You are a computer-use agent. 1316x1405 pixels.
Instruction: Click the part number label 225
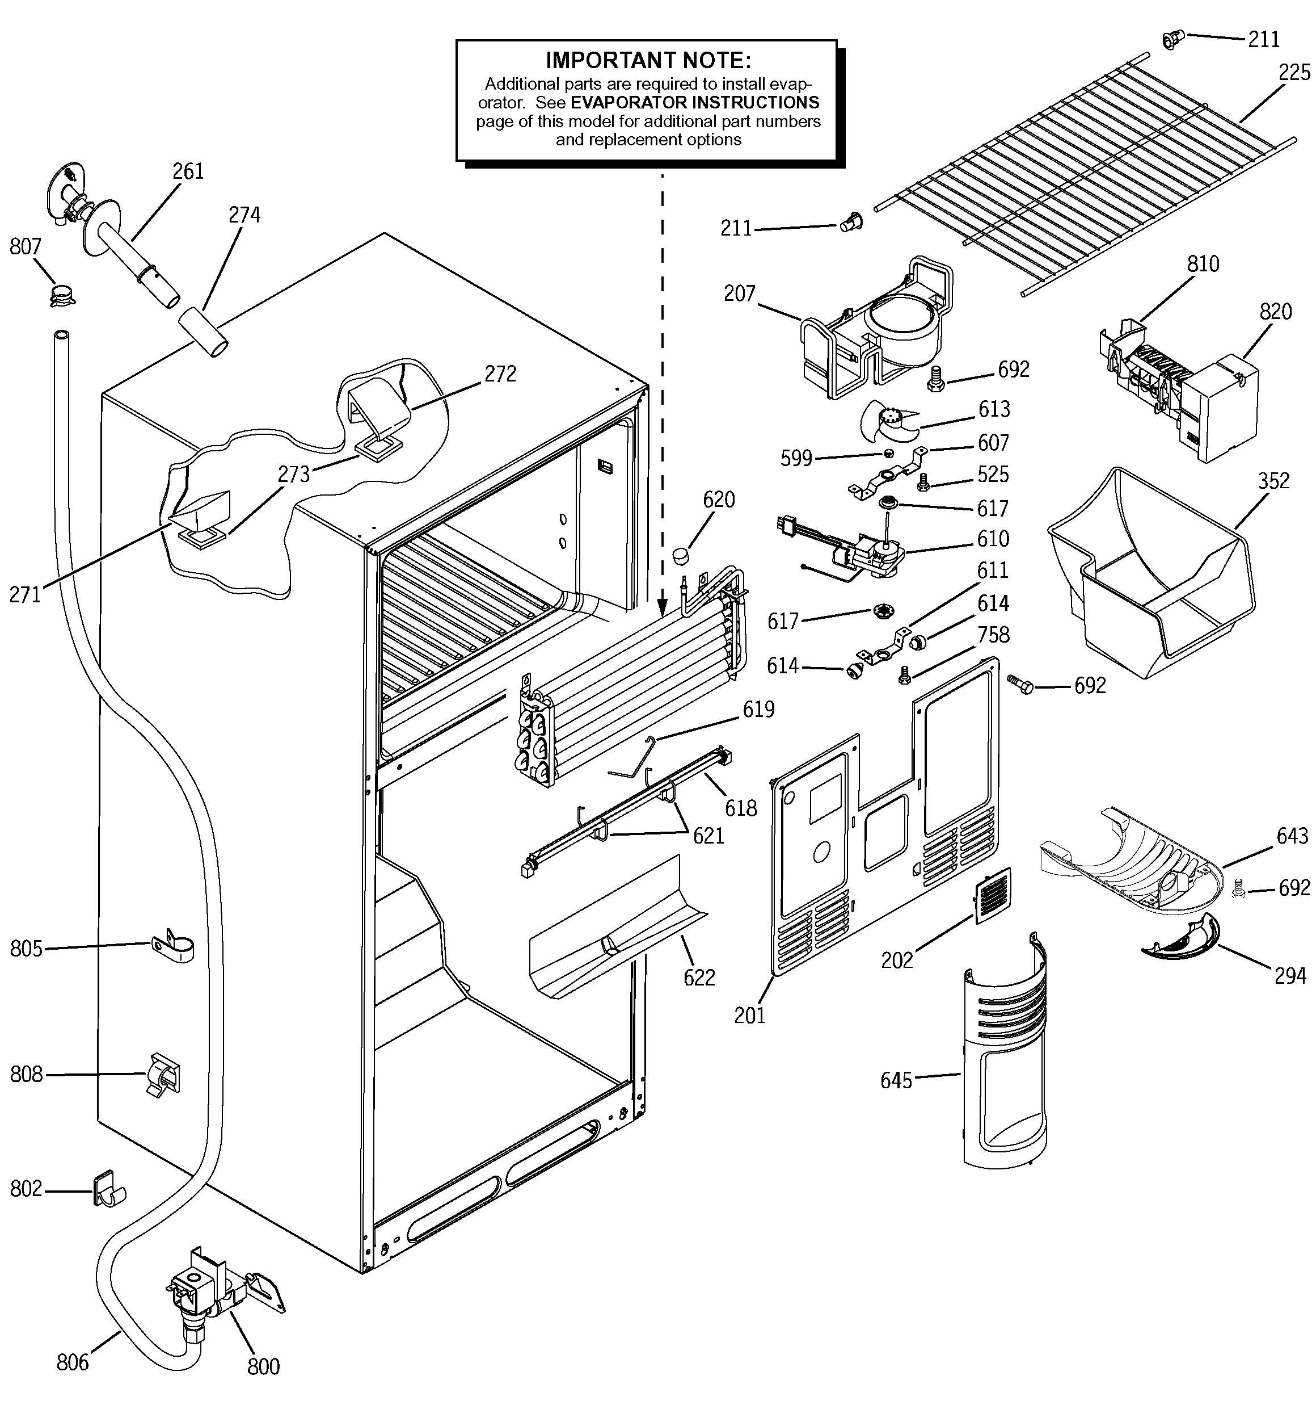point(1294,73)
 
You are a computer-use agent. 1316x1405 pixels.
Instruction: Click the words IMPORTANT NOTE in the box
point(648,60)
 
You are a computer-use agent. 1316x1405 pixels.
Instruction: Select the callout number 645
point(896,1080)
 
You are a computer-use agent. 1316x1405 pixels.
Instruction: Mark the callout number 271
point(25,594)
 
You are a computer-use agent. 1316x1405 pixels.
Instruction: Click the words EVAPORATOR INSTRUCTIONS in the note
point(695,103)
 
